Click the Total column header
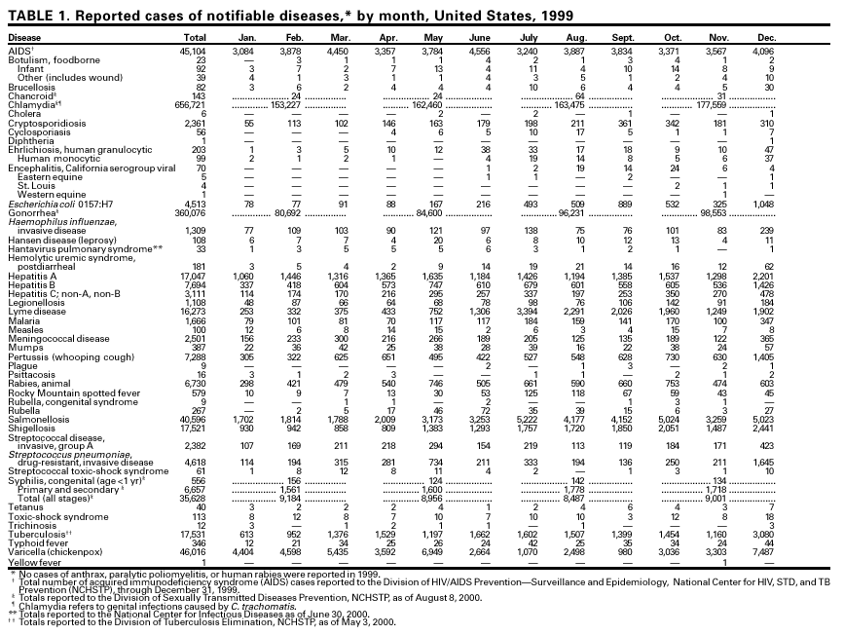pos(195,38)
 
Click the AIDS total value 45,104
pos(193,50)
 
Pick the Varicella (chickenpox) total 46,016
pos(193,550)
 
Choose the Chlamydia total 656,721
pos(191,104)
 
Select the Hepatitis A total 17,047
pos(193,278)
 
